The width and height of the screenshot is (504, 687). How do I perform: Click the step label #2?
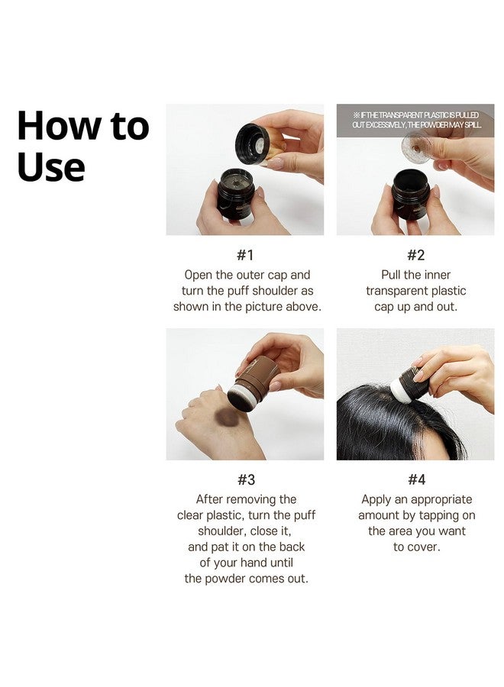416,255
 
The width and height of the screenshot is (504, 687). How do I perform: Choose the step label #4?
416,479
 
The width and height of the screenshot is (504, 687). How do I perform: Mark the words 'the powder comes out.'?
245,579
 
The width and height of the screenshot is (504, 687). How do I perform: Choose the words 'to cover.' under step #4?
416,547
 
